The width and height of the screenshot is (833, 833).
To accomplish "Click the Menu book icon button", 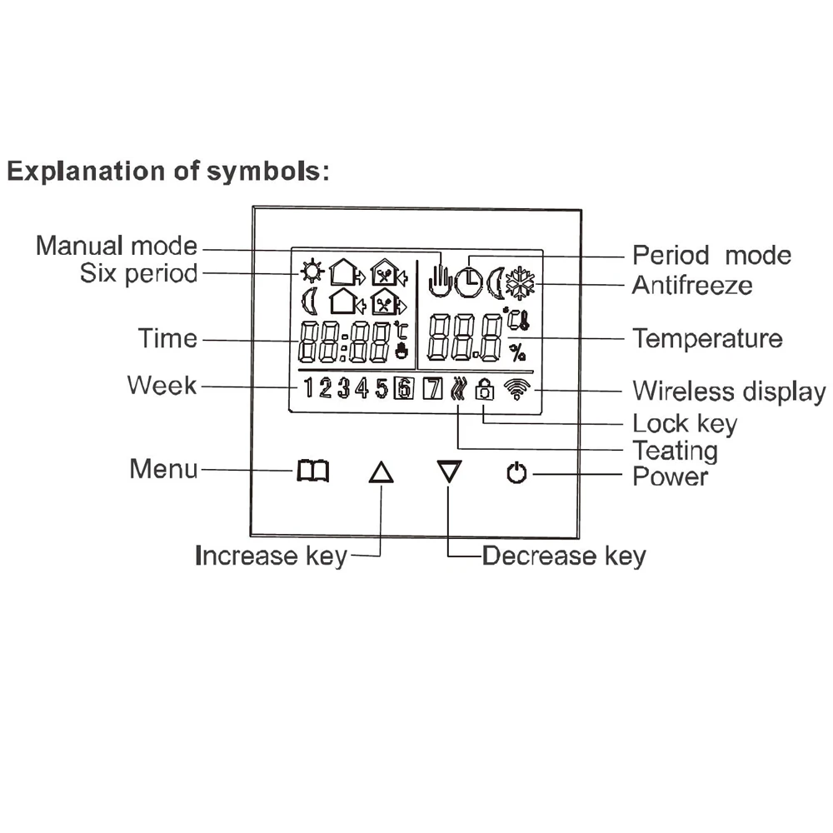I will [313, 473].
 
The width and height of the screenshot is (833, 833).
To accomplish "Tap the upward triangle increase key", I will [381, 473].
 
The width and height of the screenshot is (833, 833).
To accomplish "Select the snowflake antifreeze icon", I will [523, 283].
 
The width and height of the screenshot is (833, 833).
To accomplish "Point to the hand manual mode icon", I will [439, 280].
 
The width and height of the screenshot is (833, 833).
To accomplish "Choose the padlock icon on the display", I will [483, 388].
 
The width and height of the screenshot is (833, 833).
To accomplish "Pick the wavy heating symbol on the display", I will [457, 388].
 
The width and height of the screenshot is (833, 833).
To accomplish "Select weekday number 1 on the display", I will [308, 388].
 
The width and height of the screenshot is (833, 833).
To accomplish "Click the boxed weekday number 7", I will [432, 388].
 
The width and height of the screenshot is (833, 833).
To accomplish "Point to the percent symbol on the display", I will [518, 353].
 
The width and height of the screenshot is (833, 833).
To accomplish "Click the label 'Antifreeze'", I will [691, 285].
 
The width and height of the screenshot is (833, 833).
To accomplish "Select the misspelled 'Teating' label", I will [675, 451].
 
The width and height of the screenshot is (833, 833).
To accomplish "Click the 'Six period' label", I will [139, 272].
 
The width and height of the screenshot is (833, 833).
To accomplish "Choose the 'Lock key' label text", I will [685, 423].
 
